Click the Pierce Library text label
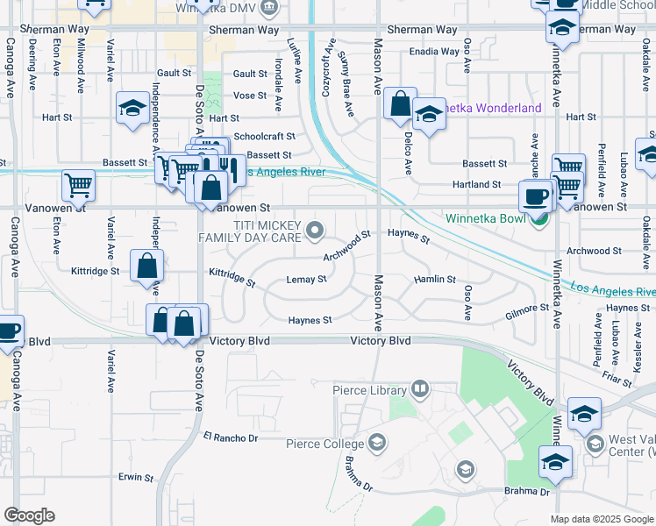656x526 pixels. point(369,390)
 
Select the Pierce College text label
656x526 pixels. point(325,444)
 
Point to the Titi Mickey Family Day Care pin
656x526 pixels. point(316,231)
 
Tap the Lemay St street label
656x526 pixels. point(306,281)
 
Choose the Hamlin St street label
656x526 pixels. point(435,280)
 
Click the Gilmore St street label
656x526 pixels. point(526,309)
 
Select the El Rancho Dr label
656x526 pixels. point(232,437)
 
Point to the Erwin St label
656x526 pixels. point(136,478)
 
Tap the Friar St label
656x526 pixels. point(617,382)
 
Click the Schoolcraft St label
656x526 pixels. point(264,137)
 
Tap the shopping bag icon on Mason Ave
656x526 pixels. point(400,105)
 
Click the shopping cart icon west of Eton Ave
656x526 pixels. point(78,186)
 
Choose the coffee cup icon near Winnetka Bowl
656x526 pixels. point(535,196)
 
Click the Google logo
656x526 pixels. point(29,515)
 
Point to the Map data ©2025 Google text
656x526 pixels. point(603,519)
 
